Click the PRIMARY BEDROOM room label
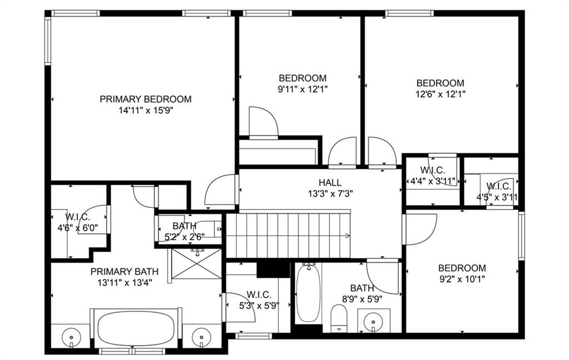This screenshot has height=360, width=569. [x=146, y=99]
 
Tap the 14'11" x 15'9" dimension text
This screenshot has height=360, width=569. [x=146, y=111]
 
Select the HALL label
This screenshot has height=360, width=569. [x=330, y=183]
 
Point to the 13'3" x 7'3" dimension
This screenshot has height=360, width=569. [x=330, y=194]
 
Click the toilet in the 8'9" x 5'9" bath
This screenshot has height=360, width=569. [x=339, y=318]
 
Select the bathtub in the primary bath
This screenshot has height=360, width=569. [x=136, y=328]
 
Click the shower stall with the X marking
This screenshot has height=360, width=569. [x=196, y=264]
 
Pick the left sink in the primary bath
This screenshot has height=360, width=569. [x=71, y=337]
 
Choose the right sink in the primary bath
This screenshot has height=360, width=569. [x=201, y=337]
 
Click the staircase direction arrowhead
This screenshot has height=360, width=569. [x=348, y=236]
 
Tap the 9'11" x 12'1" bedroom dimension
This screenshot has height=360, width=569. [x=303, y=89]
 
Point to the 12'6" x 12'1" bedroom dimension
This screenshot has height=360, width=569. [x=440, y=94]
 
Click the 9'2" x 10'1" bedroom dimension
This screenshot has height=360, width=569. [x=462, y=279]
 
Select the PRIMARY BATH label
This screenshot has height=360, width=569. [x=124, y=272]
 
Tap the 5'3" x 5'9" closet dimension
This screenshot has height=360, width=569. [x=259, y=306]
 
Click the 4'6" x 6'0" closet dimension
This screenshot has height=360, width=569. [x=78, y=228]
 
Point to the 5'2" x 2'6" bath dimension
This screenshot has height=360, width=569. [x=184, y=237]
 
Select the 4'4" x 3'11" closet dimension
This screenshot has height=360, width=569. [x=432, y=181]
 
